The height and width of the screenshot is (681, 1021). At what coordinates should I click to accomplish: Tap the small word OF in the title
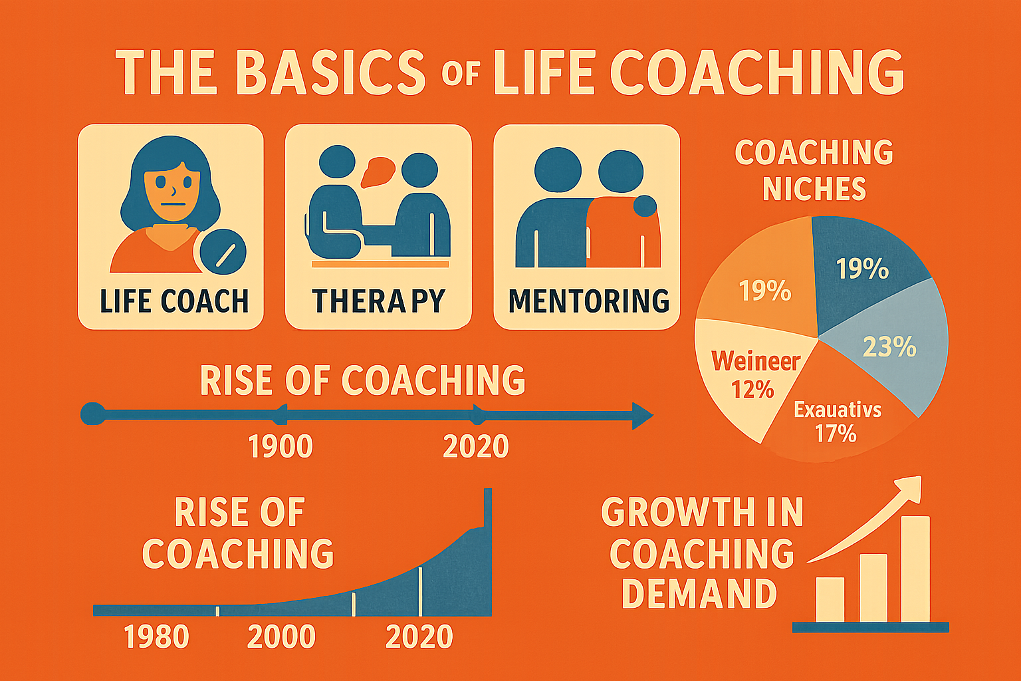point(461,74)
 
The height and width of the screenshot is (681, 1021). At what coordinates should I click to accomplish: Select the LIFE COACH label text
point(174,301)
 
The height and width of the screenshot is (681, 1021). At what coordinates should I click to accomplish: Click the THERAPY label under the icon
point(378,301)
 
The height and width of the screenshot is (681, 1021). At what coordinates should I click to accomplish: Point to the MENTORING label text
point(588,301)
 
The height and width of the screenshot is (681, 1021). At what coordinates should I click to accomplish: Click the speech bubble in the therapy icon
point(378,172)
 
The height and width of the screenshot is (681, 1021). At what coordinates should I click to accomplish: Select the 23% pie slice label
point(889,348)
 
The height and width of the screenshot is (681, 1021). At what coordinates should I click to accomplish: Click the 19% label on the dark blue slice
point(862,269)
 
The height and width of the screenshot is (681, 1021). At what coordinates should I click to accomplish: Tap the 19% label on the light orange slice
point(765,291)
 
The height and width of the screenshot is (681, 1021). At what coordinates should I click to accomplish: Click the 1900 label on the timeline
point(281,446)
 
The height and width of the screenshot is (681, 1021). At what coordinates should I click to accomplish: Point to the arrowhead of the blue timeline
point(642,416)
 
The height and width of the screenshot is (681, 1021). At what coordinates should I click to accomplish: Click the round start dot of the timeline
point(93,414)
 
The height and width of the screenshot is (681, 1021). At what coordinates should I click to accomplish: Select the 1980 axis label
point(156,637)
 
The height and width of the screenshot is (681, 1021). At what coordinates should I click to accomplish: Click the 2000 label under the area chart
point(281,637)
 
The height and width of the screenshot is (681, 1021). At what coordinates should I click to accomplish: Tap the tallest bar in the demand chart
point(915,569)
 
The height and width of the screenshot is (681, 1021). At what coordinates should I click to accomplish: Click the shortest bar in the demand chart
point(830,600)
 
